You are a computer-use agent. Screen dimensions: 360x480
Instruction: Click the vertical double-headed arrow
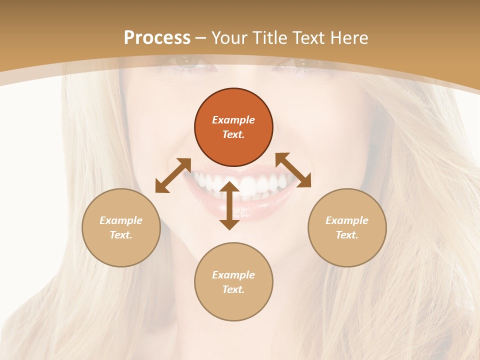pos(229,205)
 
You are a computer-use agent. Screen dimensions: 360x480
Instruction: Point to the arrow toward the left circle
pos(173,175)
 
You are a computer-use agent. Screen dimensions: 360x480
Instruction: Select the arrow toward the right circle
pos(293,170)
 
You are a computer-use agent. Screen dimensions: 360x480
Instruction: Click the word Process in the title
pos(157,38)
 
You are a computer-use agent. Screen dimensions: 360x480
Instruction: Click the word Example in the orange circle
pos(233,120)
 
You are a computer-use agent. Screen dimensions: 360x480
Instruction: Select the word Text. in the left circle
pos(121,235)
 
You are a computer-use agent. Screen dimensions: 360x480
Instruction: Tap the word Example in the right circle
pos(347,220)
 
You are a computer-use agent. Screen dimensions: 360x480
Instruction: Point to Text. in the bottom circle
pos(233,289)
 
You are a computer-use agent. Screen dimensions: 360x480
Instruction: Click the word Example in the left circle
pos(121,220)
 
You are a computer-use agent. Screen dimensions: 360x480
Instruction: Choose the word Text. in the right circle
pos(347,235)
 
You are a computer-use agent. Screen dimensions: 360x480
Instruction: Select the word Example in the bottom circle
pos(233,275)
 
